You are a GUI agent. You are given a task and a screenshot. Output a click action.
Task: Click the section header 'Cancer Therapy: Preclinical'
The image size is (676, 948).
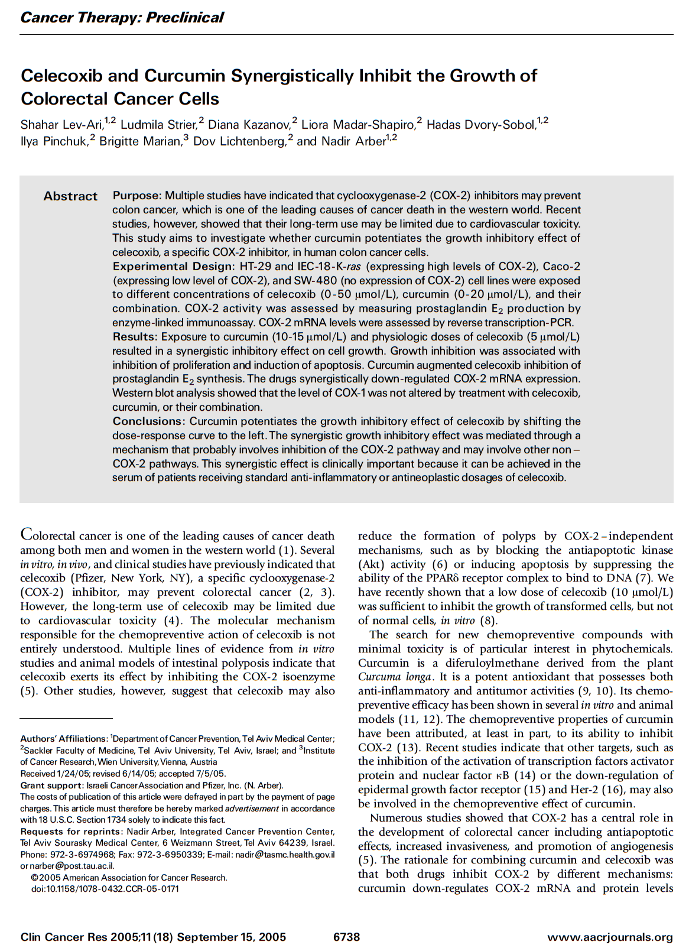tap(122, 17)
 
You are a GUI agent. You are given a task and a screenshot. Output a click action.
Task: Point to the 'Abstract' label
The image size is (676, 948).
tap(70, 196)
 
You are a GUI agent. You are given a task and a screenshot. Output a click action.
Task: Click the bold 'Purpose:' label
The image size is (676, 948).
tap(136, 196)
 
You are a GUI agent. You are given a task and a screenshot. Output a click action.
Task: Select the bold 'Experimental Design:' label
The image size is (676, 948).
tap(174, 267)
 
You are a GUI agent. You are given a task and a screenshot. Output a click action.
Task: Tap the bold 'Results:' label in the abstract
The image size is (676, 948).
tap(135, 337)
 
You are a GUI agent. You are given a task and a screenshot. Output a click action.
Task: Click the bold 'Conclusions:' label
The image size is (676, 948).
tap(149, 421)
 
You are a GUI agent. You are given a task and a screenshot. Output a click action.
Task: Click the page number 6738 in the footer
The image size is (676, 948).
tap(346, 937)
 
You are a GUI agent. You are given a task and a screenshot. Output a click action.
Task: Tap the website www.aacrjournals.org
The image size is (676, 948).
tap(610, 937)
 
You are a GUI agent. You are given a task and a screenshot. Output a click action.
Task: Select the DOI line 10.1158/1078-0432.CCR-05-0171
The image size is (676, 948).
tap(105, 889)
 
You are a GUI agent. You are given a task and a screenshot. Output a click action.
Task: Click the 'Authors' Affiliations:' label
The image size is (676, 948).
tap(64, 739)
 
